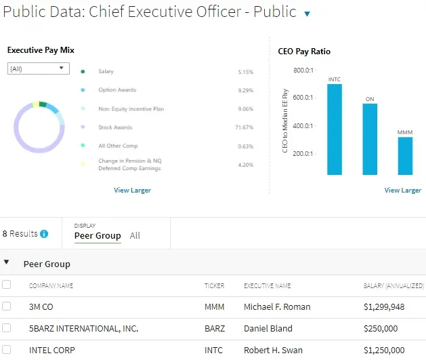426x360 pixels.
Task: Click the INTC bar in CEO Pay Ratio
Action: (x=334, y=129)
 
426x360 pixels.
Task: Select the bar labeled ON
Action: (x=370, y=139)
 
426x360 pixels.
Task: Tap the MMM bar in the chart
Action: (x=405, y=156)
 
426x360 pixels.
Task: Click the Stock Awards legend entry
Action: (x=114, y=127)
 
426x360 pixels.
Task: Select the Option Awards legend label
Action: (x=116, y=90)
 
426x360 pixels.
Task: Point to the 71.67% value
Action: (x=244, y=127)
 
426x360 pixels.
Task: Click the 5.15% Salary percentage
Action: (x=245, y=71)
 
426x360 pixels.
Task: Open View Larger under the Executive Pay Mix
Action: (x=132, y=191)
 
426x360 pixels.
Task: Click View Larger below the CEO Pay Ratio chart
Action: (x=402, y=191)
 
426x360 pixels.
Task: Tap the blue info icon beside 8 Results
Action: (x=44, y=234)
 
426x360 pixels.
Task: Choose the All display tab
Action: (x=135, y=236)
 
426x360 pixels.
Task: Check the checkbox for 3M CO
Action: (x=7, y=306)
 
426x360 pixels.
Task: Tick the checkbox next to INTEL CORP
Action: (x=7, y=350)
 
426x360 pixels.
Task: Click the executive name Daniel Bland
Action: (x=268, y=328)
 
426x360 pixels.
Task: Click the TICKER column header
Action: (x=214, y=286)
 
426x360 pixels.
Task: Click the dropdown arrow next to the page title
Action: (x=307, y=14)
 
